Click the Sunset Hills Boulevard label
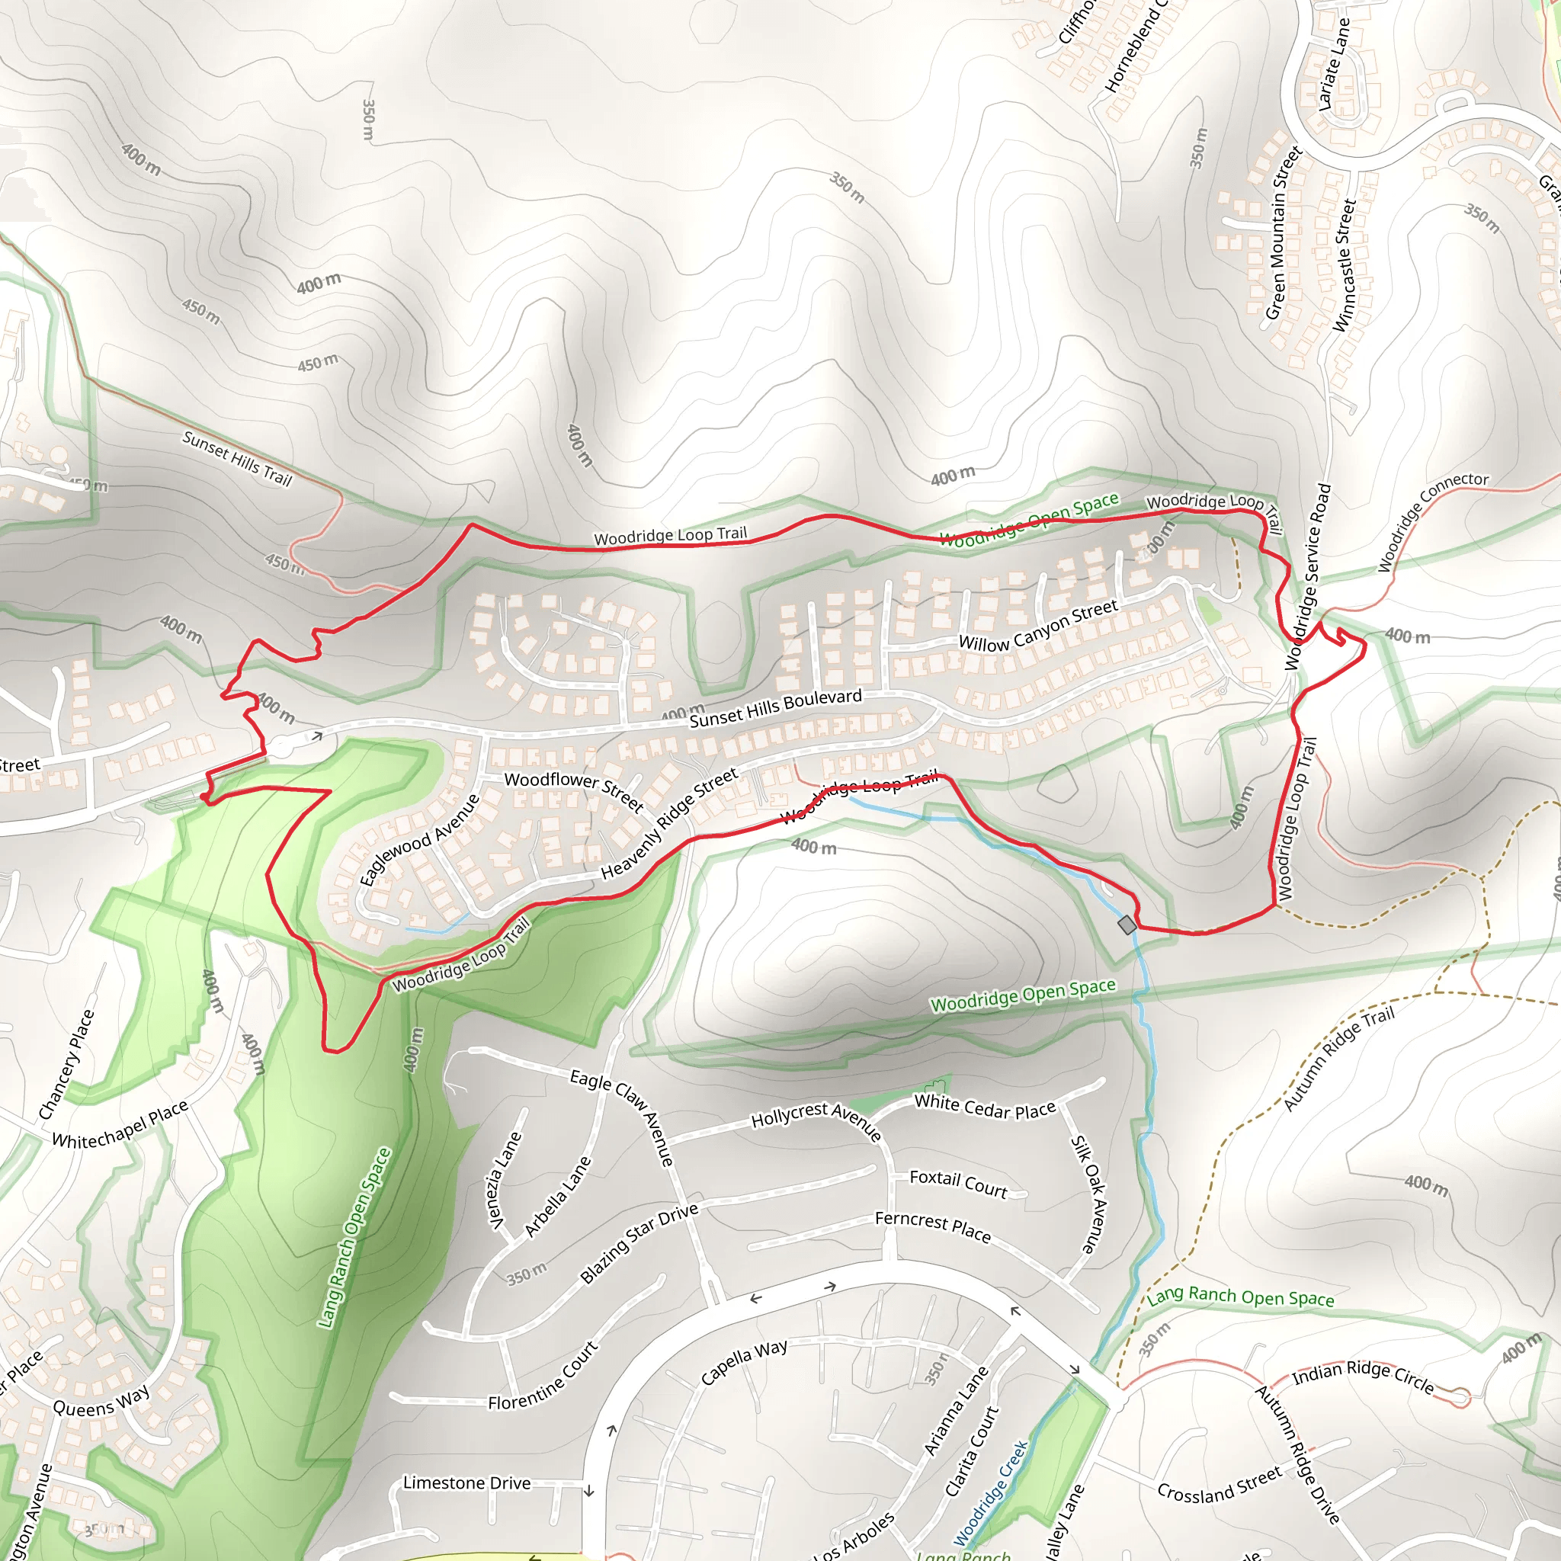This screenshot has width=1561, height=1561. point(775,709)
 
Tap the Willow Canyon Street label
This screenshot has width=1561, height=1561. point(1037,624)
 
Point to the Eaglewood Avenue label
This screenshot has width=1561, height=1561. point(419,840)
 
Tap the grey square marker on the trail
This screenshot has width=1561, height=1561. point(1127,925)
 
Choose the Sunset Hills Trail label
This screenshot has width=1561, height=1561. point(237,458)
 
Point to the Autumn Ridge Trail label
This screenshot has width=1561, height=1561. point(1338,1059)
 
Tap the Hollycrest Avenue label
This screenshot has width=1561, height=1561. point(816,1119)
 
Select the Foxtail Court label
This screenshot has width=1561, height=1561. point(958,1183)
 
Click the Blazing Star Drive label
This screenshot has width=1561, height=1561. point(638,1243)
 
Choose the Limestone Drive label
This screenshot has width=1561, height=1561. point(466,1482)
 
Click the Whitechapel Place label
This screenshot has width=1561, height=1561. point(120,1125)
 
